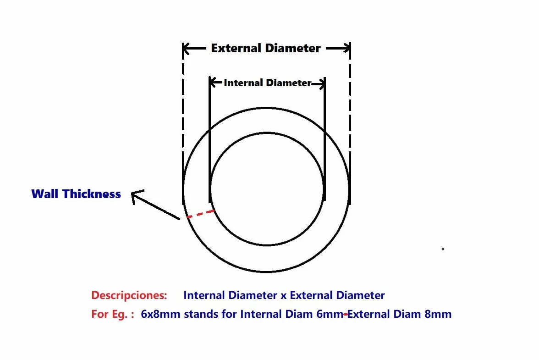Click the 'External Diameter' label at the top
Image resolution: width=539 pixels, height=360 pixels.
[x=266, y=48]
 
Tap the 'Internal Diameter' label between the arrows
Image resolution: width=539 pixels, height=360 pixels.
[x=268, y=83]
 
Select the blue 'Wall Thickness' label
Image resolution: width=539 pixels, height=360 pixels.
[x=76, y=194]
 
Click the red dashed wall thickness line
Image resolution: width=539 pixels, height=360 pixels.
[x=200, y=214]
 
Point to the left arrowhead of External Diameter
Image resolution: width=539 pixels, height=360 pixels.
[x=186, y=49]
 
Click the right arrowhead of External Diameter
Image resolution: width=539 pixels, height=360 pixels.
[x=346, y=49]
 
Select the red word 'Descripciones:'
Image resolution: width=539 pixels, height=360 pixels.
[x=129, y=295]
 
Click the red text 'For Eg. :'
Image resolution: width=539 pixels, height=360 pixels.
[x=112, y=314]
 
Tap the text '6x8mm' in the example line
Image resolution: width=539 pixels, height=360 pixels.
[x=160, y=314]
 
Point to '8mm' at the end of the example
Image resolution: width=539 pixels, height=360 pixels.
[x=438, y=314]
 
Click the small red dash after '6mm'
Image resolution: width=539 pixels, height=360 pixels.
[x=346, y=314]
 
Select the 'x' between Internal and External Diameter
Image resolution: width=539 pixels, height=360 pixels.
[x=283, y=296]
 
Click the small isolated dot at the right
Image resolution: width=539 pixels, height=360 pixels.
[x=443, y=249]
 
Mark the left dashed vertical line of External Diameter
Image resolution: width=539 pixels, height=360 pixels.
[x=183, y=124]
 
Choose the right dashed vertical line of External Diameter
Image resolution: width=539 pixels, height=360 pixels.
[x=350, y=124]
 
